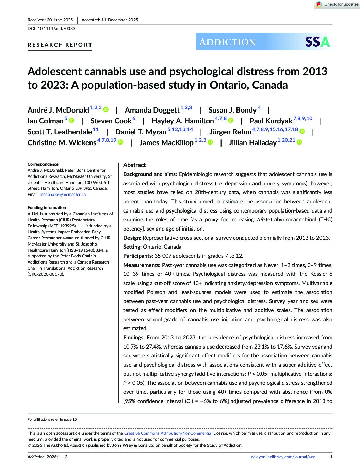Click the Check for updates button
[337, 4]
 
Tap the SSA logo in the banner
[317, 42]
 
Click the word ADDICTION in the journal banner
[227, 42]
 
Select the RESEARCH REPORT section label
[60, 45]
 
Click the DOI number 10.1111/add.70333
[56, 29]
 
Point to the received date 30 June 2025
[60, 20]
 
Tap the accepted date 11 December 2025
[119, 20]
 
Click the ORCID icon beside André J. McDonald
[106, 109]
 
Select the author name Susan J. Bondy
[232, 110]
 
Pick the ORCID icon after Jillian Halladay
[299, 142]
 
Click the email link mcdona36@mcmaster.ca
[63, 195]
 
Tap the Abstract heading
[134, 165]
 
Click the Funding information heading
[47, 208]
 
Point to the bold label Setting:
[132, 247]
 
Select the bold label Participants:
[138, 256]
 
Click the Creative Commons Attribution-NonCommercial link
[168, 433]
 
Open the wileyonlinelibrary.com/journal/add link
[283, 457]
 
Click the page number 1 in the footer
[331, 457]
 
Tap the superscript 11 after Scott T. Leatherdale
[96, 129]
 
